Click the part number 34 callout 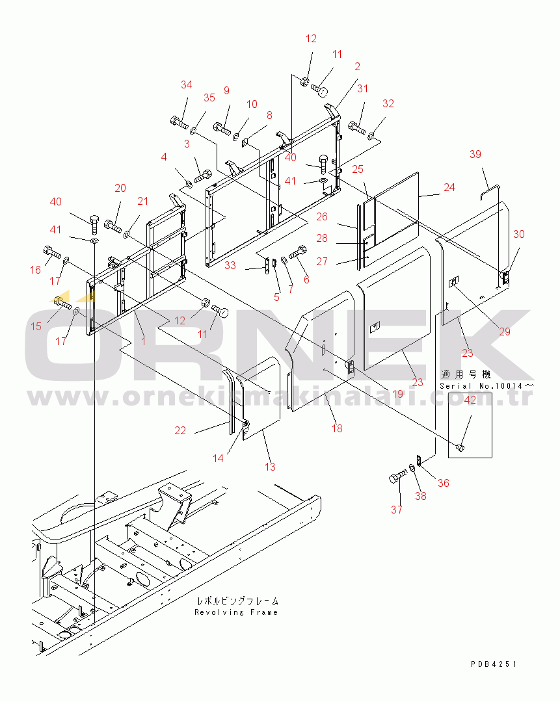[x=187, y=85]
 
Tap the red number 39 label [x=475, y=154]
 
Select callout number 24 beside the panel [x=449, y=188]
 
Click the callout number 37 [x=397, y=510]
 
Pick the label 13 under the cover [x=269, y=467]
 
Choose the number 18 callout [x=336, y=428]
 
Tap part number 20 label [x=120, y=188]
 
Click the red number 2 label [x=357, y=66]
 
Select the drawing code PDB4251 [x=494, y=664]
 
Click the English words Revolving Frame [x=236, y=612]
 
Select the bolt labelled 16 [x=51, y=251]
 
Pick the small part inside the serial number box [x=462, y=447]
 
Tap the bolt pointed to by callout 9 [x=222, y=128]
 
